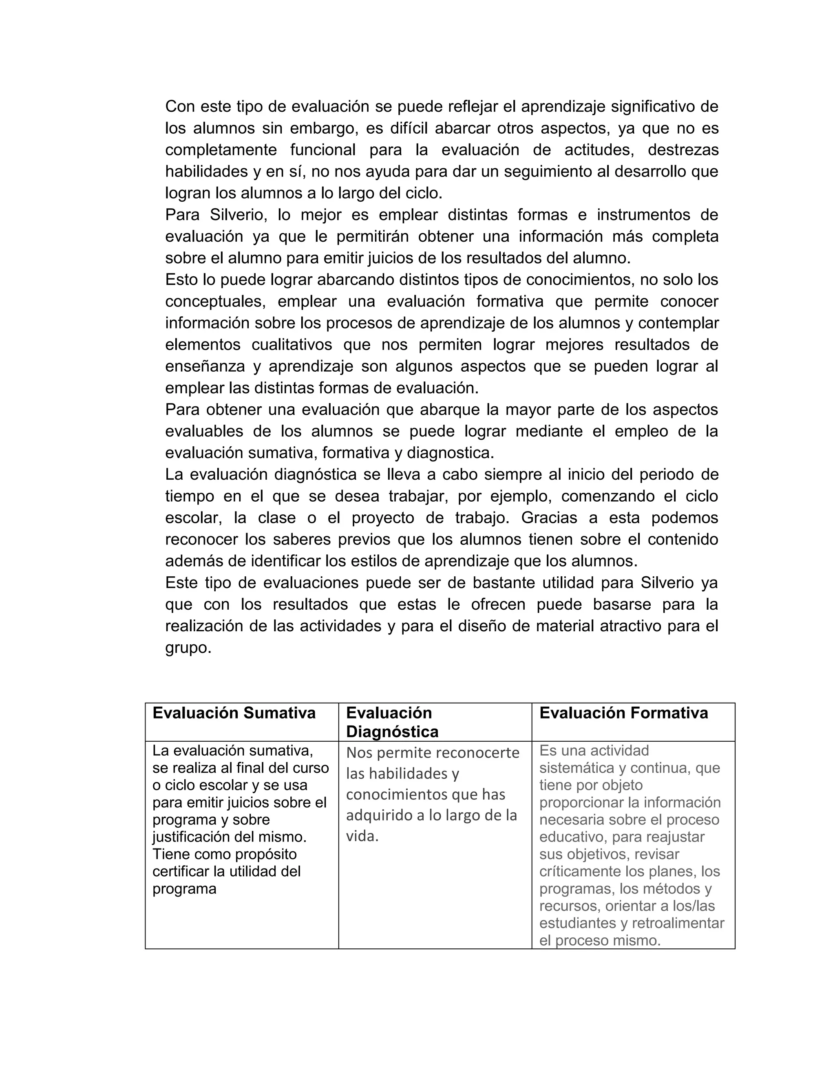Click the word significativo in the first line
[653, 106]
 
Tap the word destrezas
[683, 150]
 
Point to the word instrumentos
[643, 215]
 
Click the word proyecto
[383, 518]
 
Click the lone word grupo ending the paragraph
[188, 648]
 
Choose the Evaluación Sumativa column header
[234, 713]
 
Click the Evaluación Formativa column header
[623, 713]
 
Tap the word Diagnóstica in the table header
[392, 732]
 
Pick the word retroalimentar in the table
[678, 923]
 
